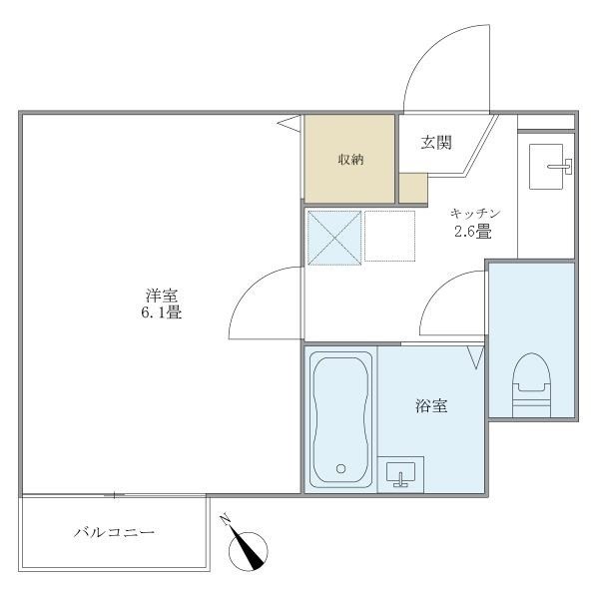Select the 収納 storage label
click(x=348, y=160)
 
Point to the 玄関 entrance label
click(x=436, y=143)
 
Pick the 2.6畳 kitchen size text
click(x=469, y=232)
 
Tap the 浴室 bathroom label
click(x=431, y=406)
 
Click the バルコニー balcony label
click(x=114, y=533)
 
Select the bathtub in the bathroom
click(x=340, y=418)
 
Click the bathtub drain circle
click(x=340, y=467)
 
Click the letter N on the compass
click(x=227, y=520)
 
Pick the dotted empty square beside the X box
click(x=388, y=236)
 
